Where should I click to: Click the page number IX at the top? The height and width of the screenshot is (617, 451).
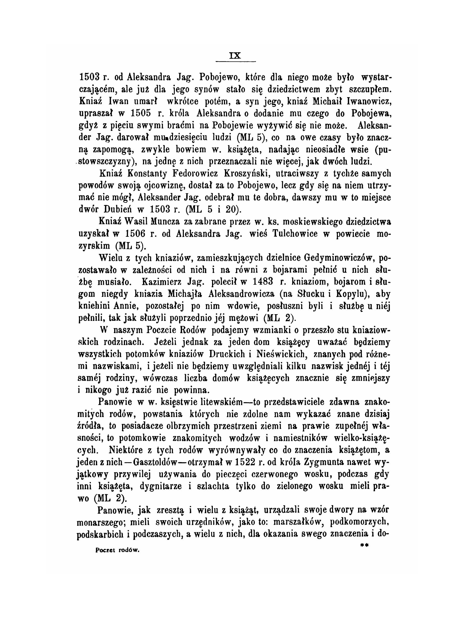pyautogui.click(x=235, y=56)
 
